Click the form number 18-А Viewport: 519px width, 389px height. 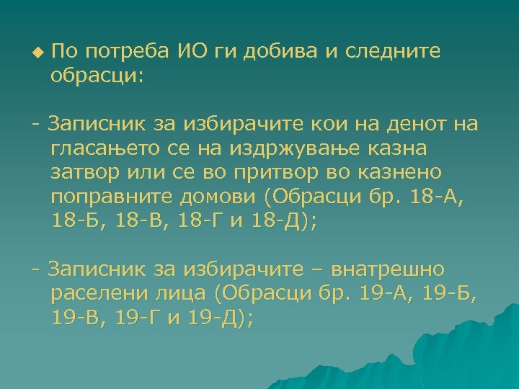click(x=435, y=198)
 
